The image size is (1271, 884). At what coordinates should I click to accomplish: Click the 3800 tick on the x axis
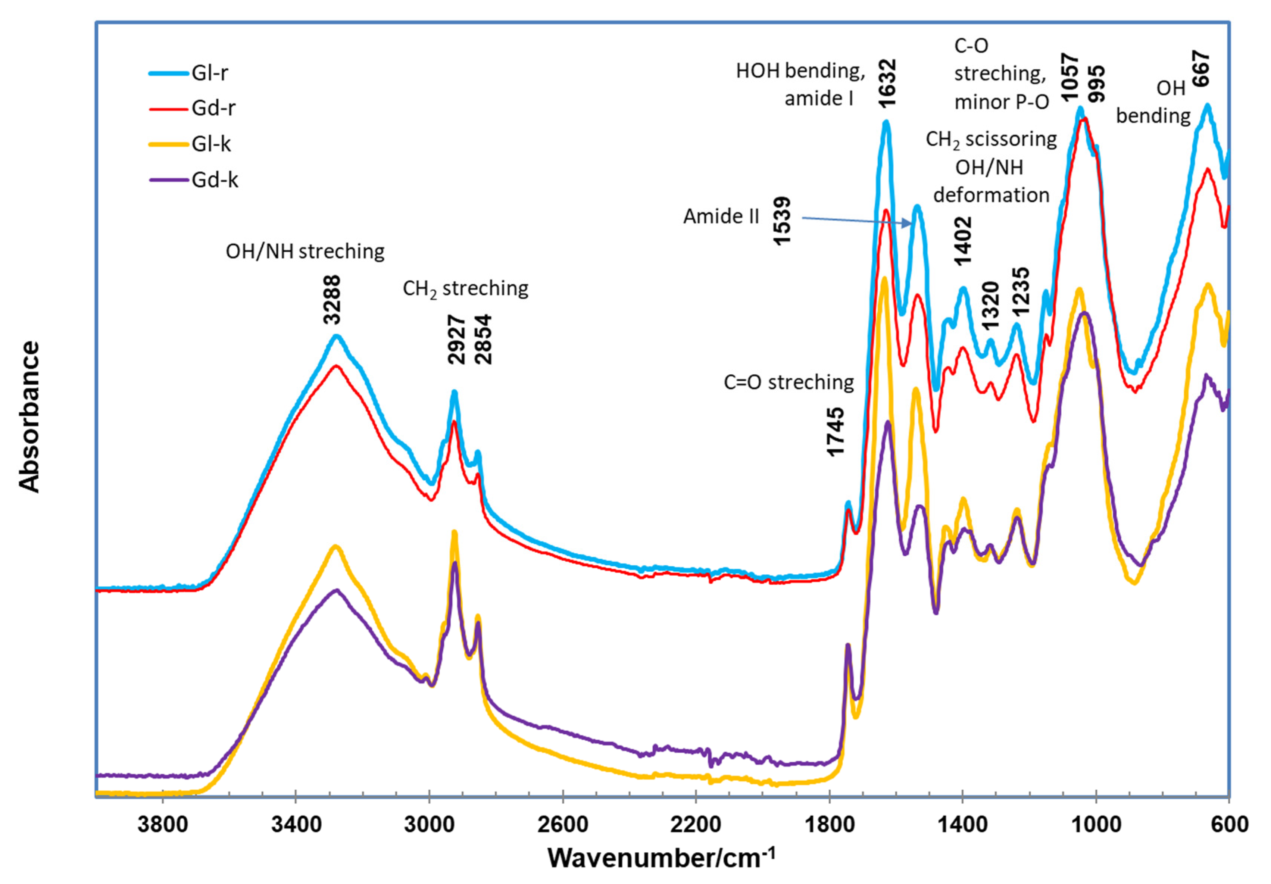(162, 825)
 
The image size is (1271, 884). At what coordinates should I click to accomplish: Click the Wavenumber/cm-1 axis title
(662, 858)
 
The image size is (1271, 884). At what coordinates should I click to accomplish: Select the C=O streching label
(789, 382)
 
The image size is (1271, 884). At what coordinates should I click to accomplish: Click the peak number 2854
(483, 339)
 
